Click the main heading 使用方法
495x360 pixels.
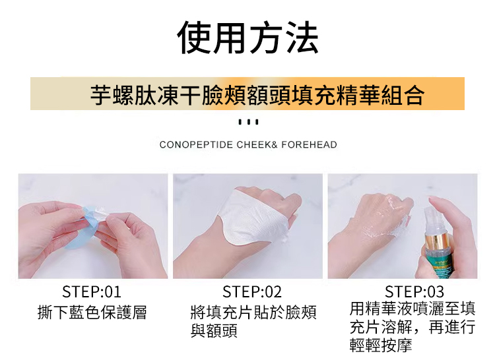coord(247,38)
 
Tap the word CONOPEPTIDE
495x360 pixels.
coord(196,144)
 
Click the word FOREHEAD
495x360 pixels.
coord(309,144)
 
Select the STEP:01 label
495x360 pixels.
coord(92,291)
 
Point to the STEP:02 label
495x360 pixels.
coord(252,291)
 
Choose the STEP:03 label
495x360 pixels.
coord(414,291)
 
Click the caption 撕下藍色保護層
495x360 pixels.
coord(92,313)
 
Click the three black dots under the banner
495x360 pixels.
coord(248,122)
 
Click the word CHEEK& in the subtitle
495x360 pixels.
coord(257,144)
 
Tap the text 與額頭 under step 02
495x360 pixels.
coord(214,331)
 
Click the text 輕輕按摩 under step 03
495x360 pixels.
coord(381,345)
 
